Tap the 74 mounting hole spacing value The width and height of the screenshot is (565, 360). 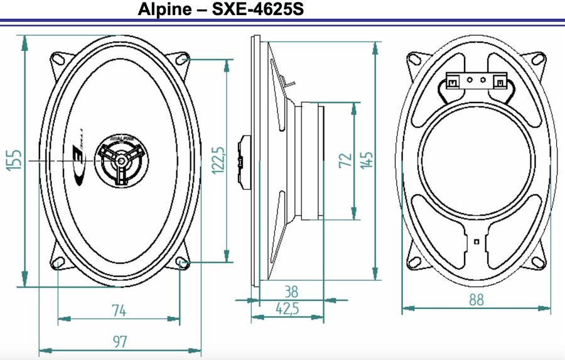(119, 310)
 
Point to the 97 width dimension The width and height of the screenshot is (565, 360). (120, 342)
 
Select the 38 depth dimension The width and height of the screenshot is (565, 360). (291, 292)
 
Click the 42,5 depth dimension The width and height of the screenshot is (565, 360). (288, 308)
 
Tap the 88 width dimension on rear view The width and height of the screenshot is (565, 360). (476, 300)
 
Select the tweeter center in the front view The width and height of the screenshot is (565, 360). (119, 160)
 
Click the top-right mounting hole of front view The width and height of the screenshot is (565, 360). (183, 60)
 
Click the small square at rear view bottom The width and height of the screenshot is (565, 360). (476, 241)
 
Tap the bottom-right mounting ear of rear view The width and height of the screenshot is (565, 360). (538, 261)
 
